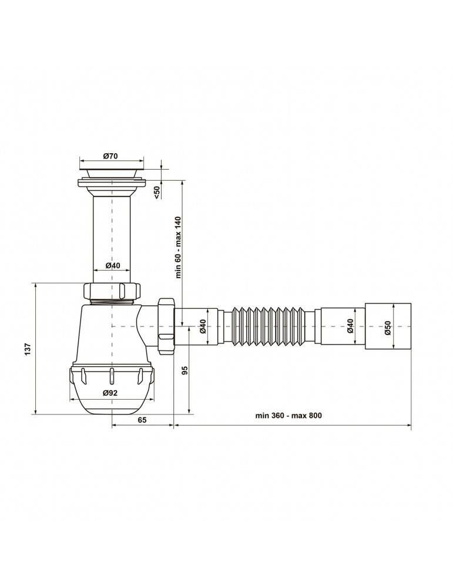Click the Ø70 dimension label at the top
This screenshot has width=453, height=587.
[x=111, y=156]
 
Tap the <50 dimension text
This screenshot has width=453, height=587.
[x=157, y=192]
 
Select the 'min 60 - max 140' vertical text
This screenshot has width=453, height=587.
[x=177, y=247]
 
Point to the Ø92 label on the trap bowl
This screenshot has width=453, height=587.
[x=110, y=393]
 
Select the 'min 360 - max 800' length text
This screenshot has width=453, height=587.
[x=288, y=415]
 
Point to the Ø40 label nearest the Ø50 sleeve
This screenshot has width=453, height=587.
[x=351, y=326]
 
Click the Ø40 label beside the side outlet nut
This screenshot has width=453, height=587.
[x=203, y=326]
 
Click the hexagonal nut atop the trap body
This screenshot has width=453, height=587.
[x=112, y=291]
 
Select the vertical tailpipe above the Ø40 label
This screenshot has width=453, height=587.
[x=112, y=229]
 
